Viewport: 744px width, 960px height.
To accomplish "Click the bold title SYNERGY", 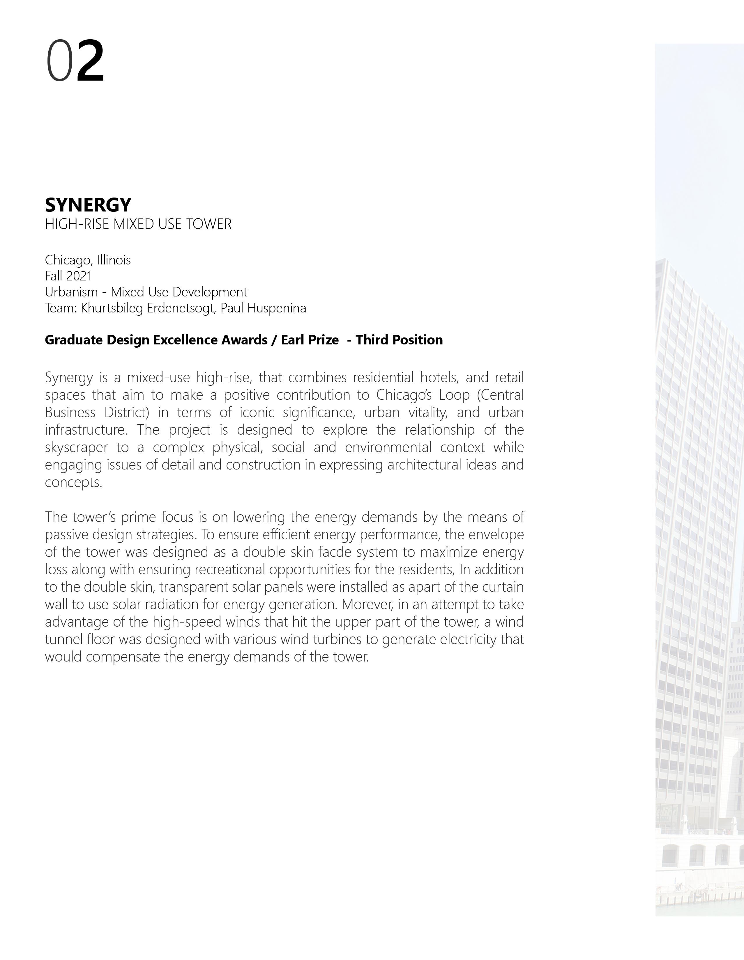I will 88,205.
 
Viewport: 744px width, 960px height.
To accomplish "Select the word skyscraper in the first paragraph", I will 76,447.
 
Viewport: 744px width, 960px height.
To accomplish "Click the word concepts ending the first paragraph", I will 73,483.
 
